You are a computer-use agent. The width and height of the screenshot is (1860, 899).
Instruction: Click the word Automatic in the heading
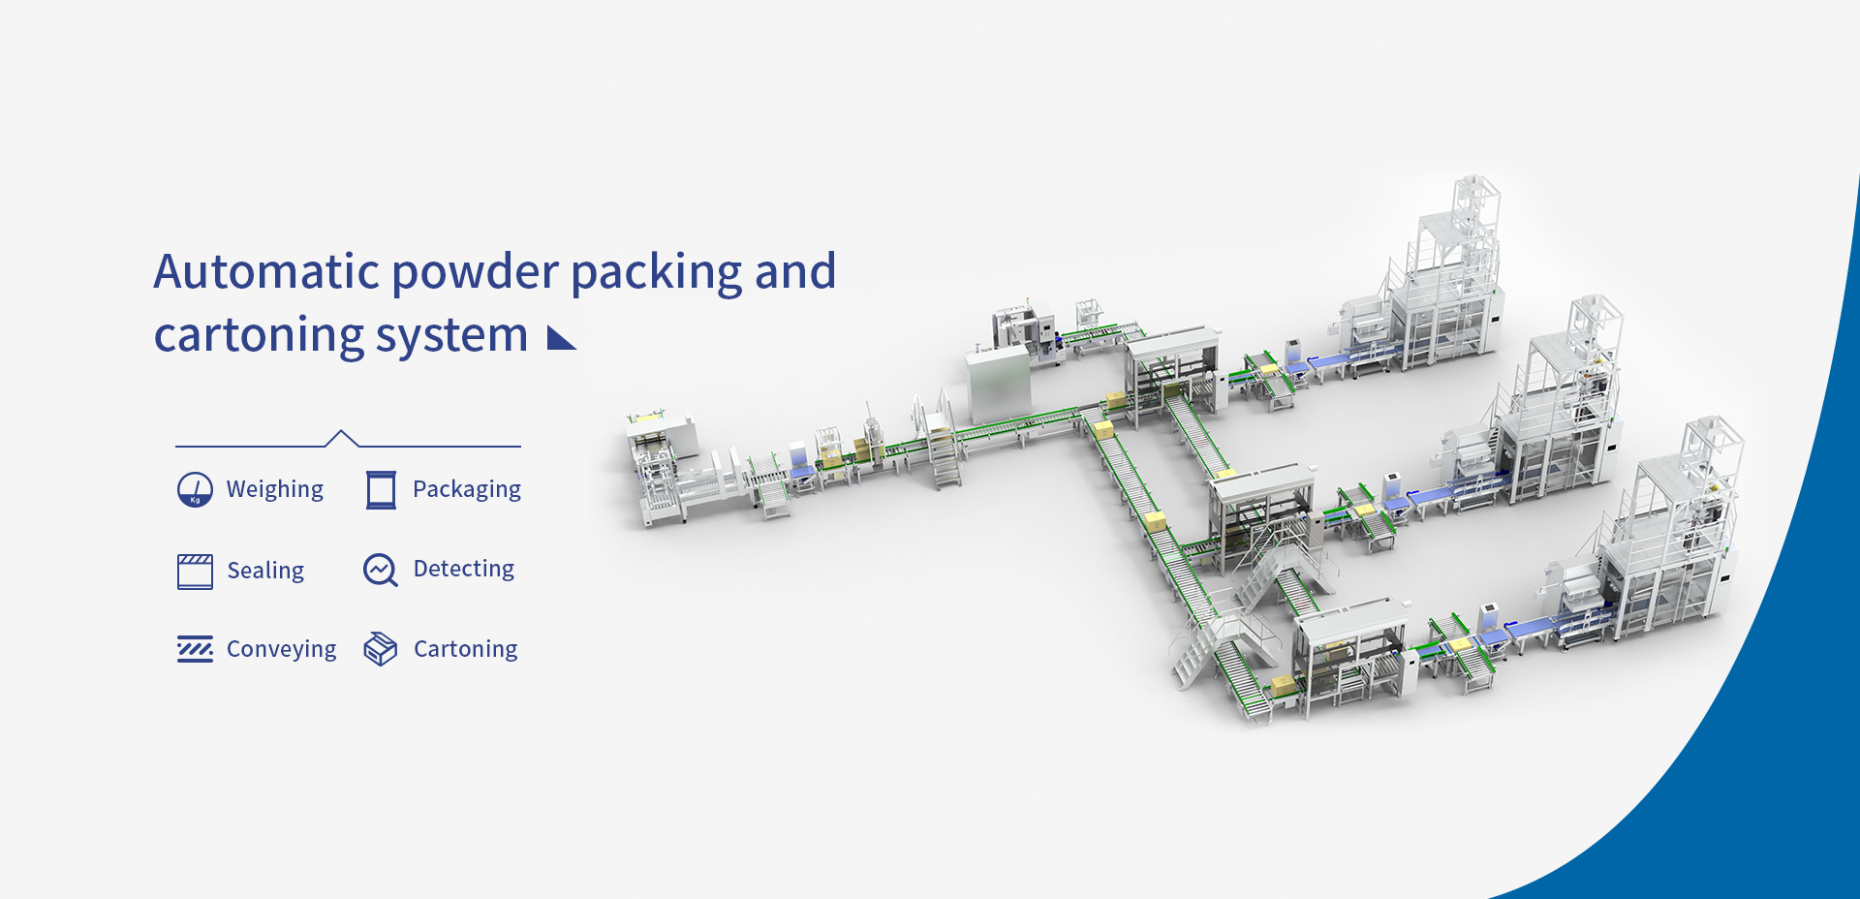tap(267, 271)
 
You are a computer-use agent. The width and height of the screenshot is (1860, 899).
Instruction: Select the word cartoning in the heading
tap(258, 337)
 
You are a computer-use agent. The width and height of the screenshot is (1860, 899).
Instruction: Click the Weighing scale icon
tap(195, 489)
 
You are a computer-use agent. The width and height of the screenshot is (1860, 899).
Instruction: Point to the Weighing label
tap(275, 489)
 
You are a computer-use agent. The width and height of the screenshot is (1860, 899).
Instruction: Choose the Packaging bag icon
tap(381, 489)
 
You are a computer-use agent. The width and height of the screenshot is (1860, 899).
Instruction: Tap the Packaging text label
tap(467, 489)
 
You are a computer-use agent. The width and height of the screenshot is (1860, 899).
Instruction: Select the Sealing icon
tap(195, 571)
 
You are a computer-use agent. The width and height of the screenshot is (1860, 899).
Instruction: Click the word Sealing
tap(265, 571)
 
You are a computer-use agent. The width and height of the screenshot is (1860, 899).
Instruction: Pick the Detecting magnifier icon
tap(380, 570)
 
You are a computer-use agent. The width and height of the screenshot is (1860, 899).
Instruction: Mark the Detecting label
tap(464, 569)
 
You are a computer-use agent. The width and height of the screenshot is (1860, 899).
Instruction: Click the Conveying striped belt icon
tap(195, 649)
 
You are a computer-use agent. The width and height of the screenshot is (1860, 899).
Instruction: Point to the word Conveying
tap(281, 649)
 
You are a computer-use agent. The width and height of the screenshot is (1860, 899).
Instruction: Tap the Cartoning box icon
tap(380, 649)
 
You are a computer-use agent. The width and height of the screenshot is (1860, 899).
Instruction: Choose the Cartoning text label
tap(466, 649)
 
